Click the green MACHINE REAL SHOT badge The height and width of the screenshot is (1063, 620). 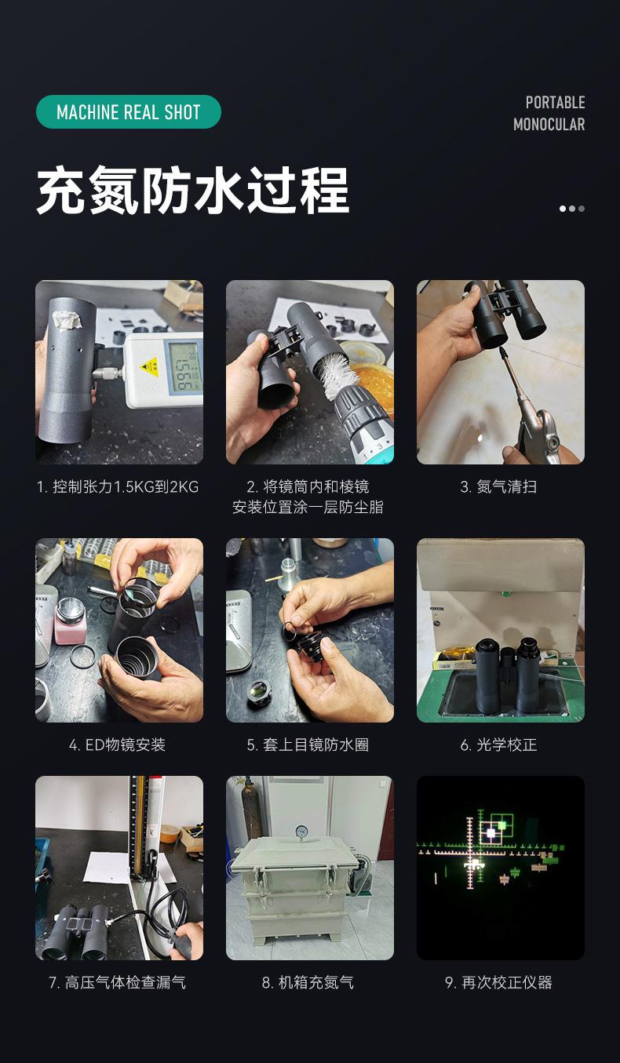(129, 112)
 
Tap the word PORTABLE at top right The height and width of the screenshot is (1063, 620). (555, 103)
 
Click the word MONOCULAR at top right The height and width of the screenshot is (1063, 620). (549, 124)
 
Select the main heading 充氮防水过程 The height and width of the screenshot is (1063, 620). (193, 191)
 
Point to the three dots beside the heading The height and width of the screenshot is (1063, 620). (571, 209)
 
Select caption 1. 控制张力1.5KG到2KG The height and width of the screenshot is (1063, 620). (118, 487)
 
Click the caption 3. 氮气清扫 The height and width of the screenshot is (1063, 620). (499, 487)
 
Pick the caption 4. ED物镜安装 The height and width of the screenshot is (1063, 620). (118, 744)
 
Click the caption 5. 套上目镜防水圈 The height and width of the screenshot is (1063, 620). (308, 744)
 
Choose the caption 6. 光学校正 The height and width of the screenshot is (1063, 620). (499, 744)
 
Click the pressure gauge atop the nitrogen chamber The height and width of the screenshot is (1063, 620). (301, 832)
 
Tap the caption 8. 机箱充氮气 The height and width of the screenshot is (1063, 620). (308, 982)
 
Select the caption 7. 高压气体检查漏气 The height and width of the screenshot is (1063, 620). (118, 982)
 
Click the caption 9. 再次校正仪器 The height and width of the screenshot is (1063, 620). (499, 982)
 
